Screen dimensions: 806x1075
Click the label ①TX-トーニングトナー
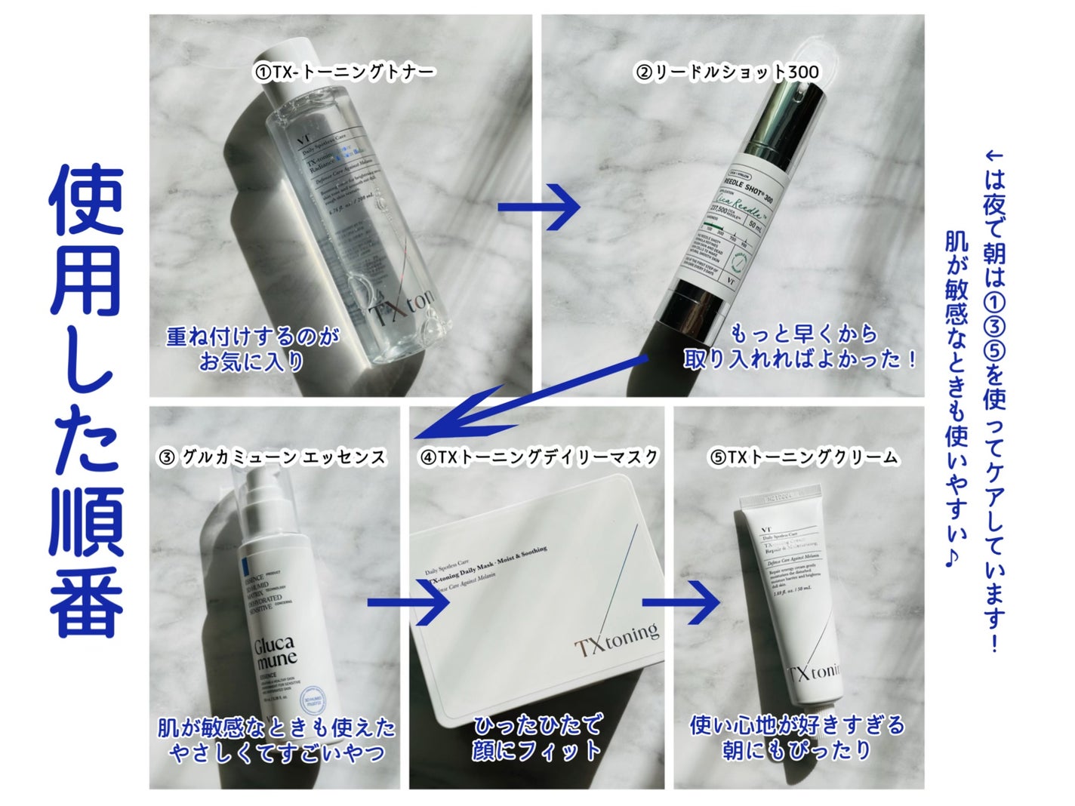[344, 72]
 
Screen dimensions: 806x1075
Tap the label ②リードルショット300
[728, 72]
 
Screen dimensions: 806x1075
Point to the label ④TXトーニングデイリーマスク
[539, 457]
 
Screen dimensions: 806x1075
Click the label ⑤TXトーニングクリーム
[803, 457]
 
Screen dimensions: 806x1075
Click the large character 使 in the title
[86, 200]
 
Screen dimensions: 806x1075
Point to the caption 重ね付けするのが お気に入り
[252, 349]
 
